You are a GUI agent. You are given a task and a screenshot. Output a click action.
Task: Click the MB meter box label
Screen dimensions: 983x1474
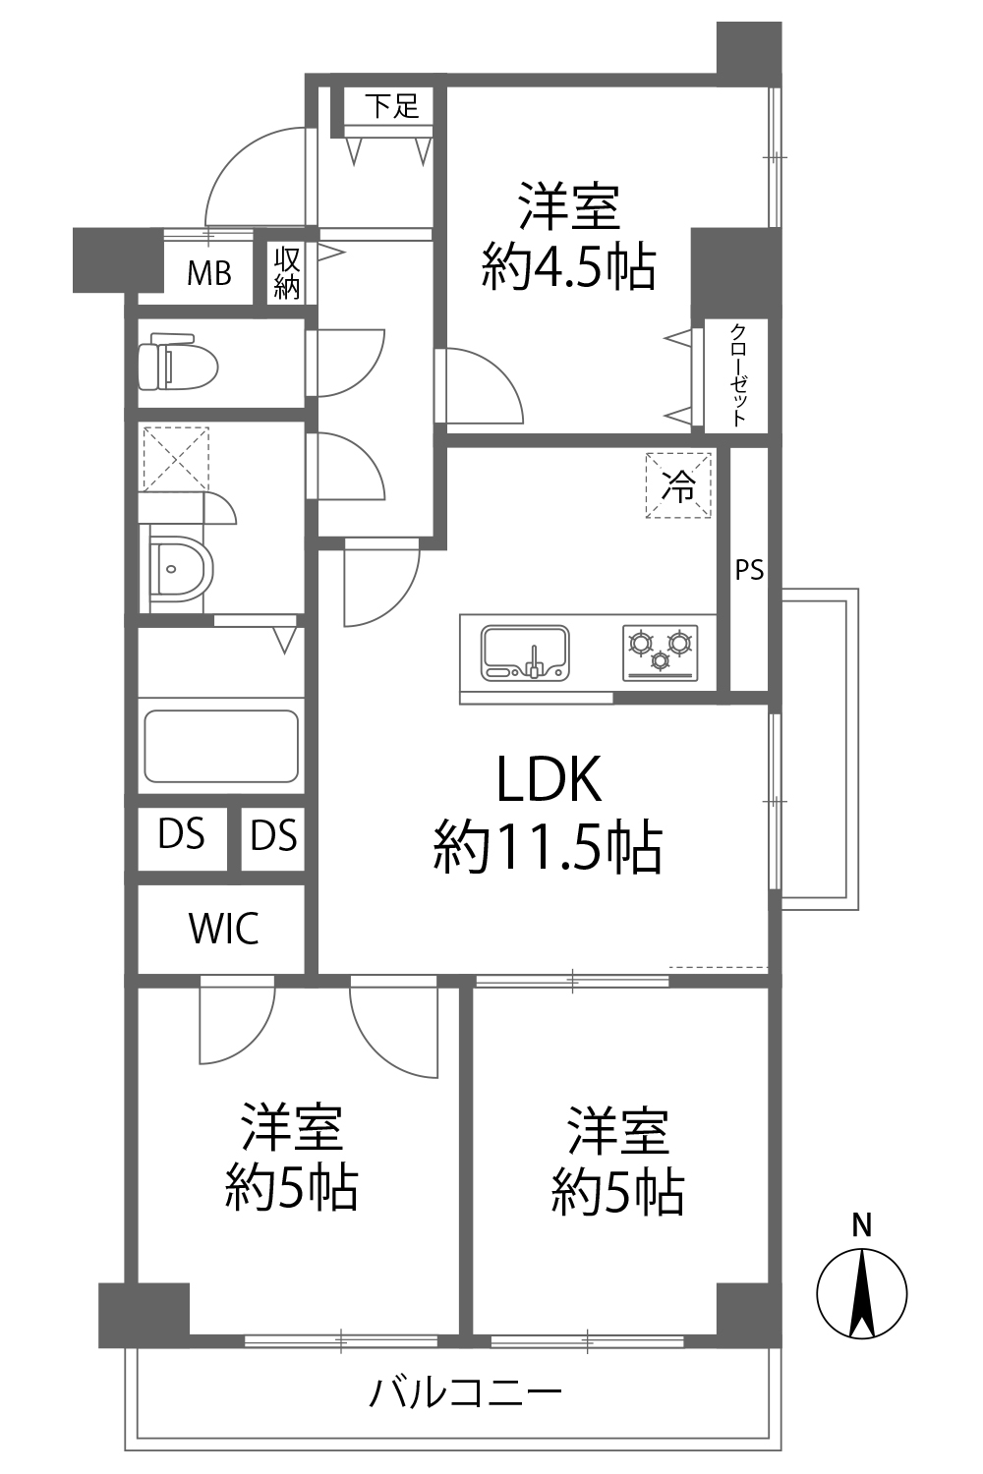click(209, 273)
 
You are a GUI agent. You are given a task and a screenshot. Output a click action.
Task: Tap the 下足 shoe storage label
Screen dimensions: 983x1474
click(392, 106)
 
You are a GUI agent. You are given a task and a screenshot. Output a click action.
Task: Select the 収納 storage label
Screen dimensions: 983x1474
click(287, 273)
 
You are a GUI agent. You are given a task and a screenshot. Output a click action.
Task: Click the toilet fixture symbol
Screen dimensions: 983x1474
click(179, 362)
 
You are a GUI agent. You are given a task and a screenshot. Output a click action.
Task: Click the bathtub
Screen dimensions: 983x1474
click(221, 746)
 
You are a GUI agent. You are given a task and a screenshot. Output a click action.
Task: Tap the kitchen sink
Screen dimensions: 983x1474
click(525, 652)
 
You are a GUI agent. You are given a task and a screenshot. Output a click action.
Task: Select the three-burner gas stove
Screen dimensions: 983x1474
click(661, 652)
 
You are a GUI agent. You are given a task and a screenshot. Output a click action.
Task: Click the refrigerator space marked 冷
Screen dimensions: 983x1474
click(678, 485)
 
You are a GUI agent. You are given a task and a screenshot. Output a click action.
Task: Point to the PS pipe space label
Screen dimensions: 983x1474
click(749, 569)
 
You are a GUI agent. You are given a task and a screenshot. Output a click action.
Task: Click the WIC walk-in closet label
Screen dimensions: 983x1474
click(224, 929)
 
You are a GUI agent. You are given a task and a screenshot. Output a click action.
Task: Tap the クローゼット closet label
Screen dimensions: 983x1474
click(739, 375)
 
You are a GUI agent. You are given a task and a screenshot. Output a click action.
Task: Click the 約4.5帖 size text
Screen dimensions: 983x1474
click(569, 268)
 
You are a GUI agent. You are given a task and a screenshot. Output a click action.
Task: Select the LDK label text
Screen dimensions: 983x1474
click(549, 779)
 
